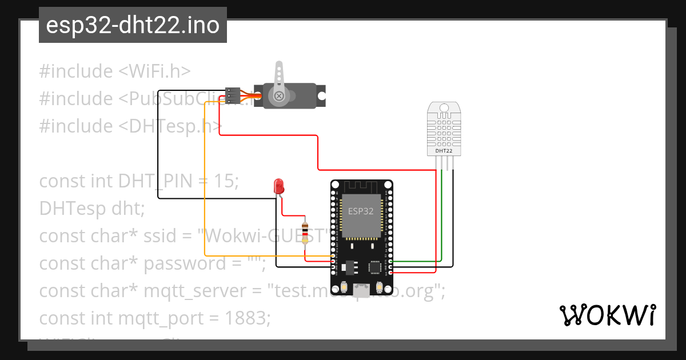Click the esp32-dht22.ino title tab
pyautogui.click(x=133, y=25)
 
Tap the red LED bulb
pyautogui.click(x=279, y=186)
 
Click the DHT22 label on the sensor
pyautogui.click(x=444, y=151)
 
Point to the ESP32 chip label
pyautogui.click(x=361, y=211)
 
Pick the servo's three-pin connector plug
pyautogui.click(x=233, y=95)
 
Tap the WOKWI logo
pyautogui.click(x=607, y=315)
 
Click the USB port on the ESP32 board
pyautogui.click(x=361, y=291)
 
